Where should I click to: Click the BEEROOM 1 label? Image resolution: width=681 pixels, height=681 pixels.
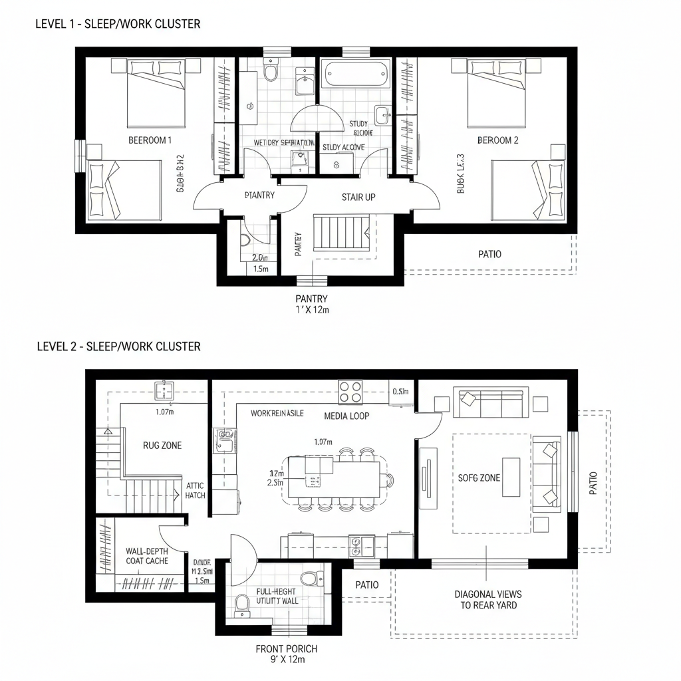tap(150, 140)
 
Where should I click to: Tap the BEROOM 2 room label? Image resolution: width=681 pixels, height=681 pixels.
tap(497, 140)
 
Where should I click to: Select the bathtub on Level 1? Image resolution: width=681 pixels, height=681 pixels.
tap(356, 73)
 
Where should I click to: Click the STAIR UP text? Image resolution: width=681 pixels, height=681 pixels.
tap(358, 197)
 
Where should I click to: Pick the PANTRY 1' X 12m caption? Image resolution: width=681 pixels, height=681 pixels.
tap(311, 304)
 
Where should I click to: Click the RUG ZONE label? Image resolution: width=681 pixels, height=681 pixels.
tap(162, 445)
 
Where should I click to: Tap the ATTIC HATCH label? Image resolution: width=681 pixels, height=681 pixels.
tap(196, 490)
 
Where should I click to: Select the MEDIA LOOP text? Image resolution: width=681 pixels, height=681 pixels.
tap(346, 416)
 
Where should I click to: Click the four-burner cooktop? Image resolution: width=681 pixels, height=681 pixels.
tap(350, 392)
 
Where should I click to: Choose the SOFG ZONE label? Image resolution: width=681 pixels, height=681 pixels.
tap(479, 477)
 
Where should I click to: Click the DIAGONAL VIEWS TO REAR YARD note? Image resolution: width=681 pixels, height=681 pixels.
tap(487, 599)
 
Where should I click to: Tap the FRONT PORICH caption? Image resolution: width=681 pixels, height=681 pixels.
tap(287, 654)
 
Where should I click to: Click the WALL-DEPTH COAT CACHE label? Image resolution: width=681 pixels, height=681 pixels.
tap(146, 556)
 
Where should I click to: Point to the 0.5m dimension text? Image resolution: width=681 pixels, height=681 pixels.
tap(401, 391)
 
